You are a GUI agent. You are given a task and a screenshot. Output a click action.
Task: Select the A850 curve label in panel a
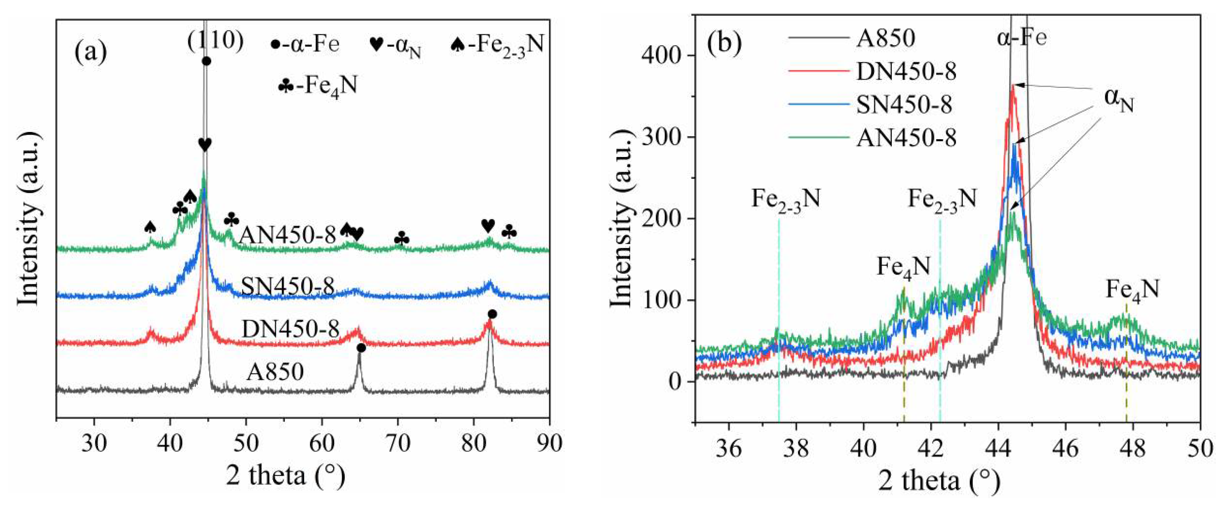275,372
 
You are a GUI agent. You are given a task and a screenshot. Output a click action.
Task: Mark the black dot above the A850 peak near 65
361,348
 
